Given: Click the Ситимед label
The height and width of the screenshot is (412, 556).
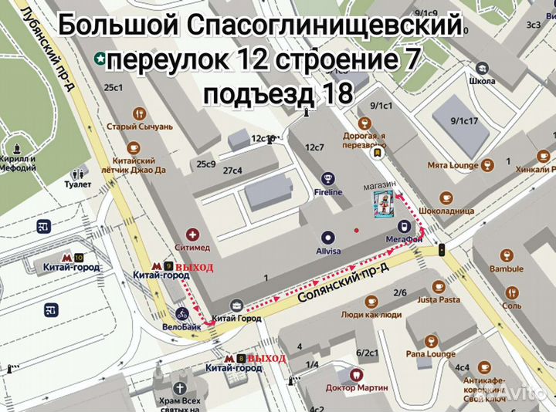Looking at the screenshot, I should coord(193,248).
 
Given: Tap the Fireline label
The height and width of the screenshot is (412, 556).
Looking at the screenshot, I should coord(328,191).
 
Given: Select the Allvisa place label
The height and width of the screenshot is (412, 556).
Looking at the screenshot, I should coord(328,251).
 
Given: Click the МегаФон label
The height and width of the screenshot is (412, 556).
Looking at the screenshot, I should coord(402,239).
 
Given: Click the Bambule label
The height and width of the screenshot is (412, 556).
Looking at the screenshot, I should coord(506,268).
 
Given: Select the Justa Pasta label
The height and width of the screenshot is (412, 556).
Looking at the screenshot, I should coord(439,299).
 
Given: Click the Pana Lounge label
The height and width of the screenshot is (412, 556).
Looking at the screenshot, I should coord(431,353).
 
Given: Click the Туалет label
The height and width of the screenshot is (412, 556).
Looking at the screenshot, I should coord(79,184).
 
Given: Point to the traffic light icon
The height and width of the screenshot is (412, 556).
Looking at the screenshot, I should coord(442,249).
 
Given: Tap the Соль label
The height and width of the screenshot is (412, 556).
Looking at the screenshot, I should coord(511,306).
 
